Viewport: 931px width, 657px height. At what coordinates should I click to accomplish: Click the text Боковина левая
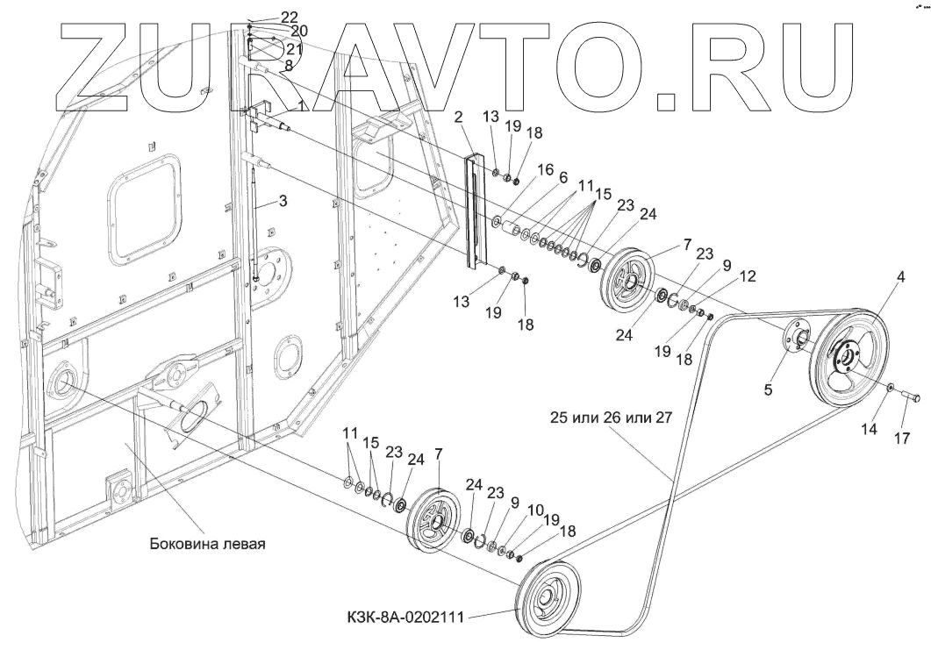tap(207, 543)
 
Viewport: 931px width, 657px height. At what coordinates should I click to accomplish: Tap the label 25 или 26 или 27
tap(612, 418)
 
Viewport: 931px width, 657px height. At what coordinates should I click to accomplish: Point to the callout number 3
tap(283, 202)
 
